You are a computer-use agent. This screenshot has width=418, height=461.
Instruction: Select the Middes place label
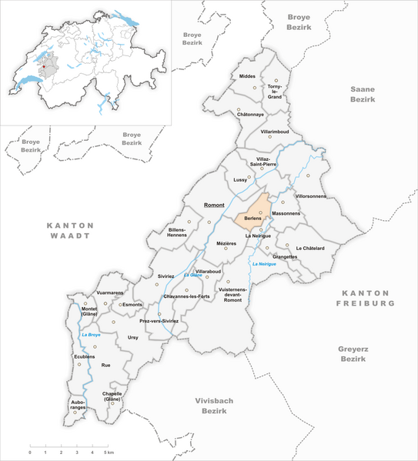tap(248, 77)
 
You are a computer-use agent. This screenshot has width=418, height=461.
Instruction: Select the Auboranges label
tap(75, 403)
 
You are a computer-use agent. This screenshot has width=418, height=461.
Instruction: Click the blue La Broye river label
tap(91, 334)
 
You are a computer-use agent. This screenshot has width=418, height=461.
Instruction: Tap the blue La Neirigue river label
tap(263, 263)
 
